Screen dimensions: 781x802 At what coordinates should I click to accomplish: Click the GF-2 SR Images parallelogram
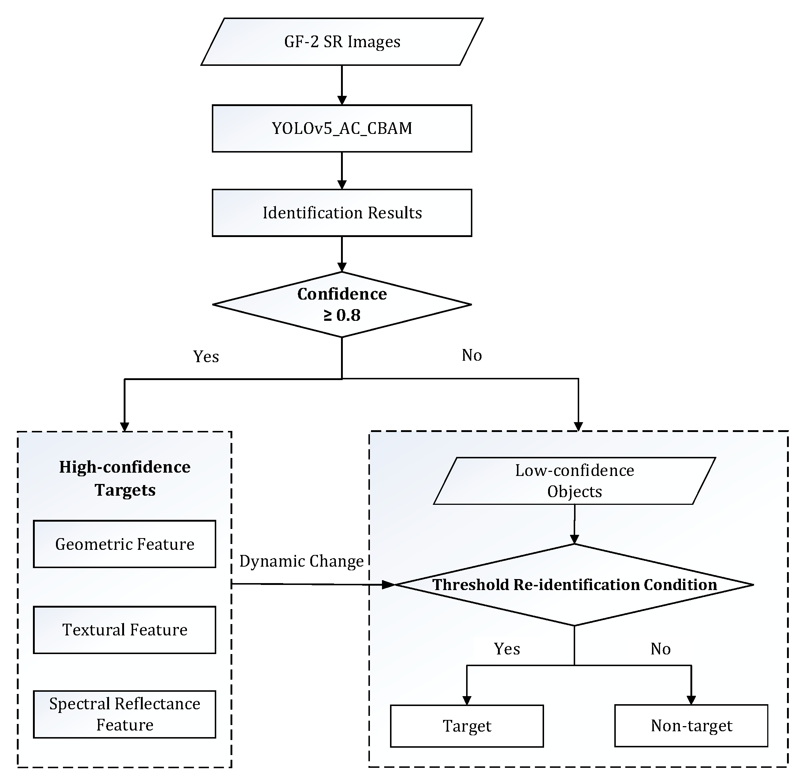[342, 41]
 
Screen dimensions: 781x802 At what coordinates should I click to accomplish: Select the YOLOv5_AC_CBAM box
[342, 128]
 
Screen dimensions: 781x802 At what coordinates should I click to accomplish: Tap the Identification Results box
[342, 213]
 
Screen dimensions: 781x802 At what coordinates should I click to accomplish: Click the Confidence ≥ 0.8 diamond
[342, 304]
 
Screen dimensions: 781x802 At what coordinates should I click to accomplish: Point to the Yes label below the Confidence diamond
[206, 356]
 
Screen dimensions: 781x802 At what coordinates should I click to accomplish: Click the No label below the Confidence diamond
[471, 355]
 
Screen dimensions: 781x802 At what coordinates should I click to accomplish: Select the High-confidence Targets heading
[125, 478]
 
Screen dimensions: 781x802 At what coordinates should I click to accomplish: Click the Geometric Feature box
[124, 544]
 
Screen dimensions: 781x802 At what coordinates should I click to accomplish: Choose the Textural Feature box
[124, 630]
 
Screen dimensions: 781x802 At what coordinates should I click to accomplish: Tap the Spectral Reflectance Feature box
[124, 714]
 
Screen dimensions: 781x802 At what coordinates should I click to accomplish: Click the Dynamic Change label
[301, 561]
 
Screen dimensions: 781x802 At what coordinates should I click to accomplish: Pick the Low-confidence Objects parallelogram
[574, 481]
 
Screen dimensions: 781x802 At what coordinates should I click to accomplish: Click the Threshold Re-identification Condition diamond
[574, 585]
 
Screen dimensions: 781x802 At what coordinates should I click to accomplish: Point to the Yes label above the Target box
[507, 649]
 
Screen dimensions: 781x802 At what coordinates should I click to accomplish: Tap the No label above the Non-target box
[660, 649]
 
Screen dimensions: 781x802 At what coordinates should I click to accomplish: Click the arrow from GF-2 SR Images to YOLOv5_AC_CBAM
[342, 84]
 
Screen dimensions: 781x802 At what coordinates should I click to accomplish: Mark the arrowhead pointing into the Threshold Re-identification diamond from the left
[388, 585]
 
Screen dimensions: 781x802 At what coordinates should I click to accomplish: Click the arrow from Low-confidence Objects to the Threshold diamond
[574, 523]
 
